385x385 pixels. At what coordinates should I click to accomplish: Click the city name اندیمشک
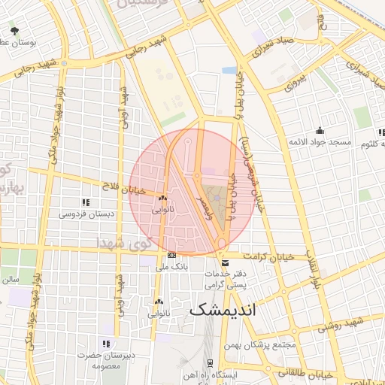click(x=223, y=308)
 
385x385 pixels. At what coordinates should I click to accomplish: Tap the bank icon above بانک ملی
click(x=172, y=256)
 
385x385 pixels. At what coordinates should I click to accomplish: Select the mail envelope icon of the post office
click(x=226, y=262)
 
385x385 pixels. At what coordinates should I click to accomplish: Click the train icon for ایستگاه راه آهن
click(x=185, y=374)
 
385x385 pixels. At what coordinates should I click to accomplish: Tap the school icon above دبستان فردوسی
click(x=86, y=202)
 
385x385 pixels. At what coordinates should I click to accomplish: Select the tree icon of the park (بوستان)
click(x=15, y=31)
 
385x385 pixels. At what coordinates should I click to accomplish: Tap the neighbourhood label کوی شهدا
click(x=123, y=242)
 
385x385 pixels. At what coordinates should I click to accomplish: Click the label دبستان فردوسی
click(x=87, y=214)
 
